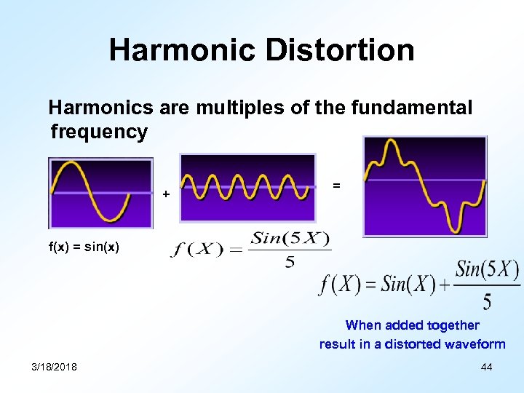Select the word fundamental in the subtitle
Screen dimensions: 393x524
[411, 108]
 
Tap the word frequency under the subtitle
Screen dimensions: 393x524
[99, 132]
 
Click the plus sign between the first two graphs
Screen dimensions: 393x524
[166, 194]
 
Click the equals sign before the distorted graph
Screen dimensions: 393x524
[336, 186]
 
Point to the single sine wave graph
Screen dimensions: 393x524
[91, 193]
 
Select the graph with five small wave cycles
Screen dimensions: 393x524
[247, 188]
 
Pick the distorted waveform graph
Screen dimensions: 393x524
[425, 186]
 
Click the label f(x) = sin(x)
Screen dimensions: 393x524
[84, 247]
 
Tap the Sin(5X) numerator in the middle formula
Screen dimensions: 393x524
[290, 239]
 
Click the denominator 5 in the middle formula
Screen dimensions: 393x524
[290, 262]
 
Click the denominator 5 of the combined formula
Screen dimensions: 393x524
[486, 301]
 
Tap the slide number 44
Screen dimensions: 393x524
[487, 367]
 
